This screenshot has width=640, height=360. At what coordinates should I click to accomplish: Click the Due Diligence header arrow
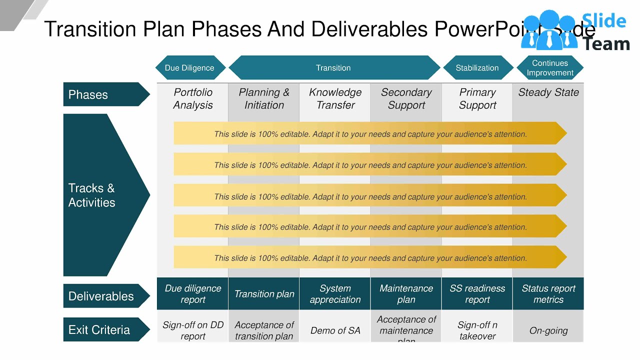point(189,68)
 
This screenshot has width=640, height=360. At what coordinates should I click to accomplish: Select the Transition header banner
point(333,68)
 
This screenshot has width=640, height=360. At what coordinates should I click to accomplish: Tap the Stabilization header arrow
point(477,68)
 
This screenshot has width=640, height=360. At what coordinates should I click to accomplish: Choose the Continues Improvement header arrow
point(549,68)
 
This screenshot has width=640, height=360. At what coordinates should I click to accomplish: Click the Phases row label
point(102,94)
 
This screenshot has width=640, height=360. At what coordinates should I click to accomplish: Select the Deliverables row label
point(102,296)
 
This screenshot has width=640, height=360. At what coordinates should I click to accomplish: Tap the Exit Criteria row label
point(102,330)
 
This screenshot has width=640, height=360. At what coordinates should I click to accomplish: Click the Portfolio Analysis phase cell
point(193,98)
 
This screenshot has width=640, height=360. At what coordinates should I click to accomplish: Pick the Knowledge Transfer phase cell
point(335,98)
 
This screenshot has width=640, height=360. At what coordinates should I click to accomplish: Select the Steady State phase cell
point(548,93)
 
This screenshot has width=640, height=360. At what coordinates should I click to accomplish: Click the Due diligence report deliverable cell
point(193,294)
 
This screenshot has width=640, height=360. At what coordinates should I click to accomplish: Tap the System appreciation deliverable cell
point(335,294)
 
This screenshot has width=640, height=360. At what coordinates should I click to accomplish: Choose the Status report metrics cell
point(548,294)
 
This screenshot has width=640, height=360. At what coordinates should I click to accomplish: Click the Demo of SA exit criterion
point(335,330)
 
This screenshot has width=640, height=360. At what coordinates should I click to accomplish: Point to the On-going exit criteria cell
point(548,330)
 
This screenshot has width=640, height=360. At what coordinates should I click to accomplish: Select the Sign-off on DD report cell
point(193,330)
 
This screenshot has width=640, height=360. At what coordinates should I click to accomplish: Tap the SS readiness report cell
point(477,294)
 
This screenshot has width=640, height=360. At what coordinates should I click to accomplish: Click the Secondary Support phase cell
point(406,98)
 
